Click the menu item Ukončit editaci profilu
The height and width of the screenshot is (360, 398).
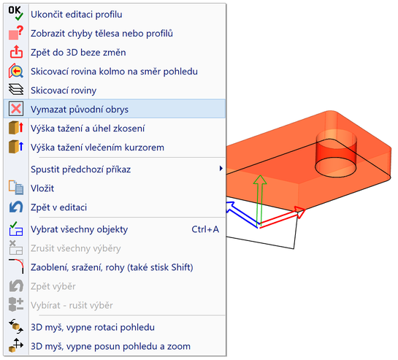(76, 15)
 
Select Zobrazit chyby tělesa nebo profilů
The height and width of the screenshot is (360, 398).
(102, 34)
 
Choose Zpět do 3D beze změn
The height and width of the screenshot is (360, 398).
(78, 53)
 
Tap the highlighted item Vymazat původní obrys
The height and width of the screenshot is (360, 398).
(80, 110)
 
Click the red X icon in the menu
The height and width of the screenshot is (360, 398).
(16, 109)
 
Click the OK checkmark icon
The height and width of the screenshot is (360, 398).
(16, 13)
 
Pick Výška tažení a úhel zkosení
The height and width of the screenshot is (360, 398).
(88, 129)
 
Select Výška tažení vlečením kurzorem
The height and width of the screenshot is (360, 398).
(97, 148)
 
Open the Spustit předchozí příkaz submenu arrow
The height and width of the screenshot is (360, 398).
(221, 169)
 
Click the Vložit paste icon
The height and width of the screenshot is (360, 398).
(16, 188)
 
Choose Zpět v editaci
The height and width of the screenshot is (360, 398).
(58, 207)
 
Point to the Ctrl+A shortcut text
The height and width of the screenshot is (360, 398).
(205, 229)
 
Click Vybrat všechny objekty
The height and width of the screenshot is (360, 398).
(79, 229)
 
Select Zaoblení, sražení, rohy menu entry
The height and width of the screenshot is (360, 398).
(112, 267)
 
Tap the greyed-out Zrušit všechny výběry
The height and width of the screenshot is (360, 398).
(76, 248)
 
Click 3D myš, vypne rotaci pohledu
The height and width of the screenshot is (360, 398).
(93, 327)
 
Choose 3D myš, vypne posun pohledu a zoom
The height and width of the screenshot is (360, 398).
(110, 347)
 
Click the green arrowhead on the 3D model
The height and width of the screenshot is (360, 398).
(260, 180)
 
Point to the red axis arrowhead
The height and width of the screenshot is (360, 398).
(301, 212)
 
